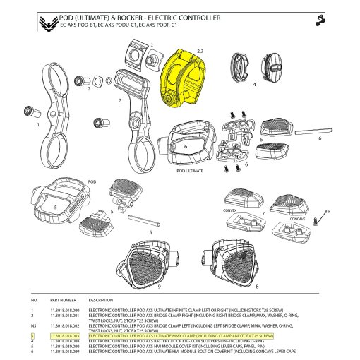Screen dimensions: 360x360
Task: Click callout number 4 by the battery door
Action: tap(253, 83)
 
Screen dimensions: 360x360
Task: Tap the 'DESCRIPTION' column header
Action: tap(101, 300)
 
